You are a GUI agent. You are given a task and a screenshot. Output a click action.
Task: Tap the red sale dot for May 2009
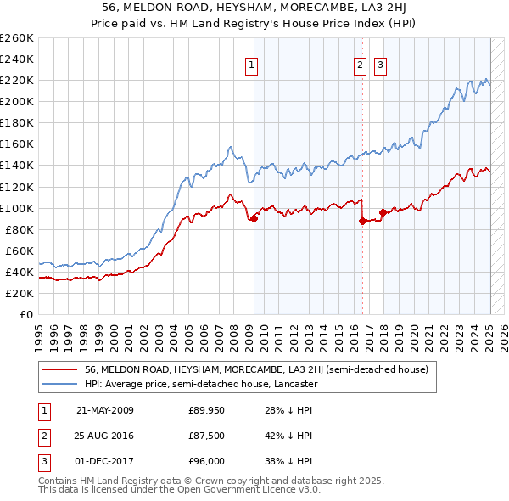click(x=253, y=218)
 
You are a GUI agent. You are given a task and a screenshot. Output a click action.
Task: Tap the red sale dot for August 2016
click(x=362, y=221)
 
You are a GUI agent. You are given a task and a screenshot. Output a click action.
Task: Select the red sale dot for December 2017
click(x=383, y=212)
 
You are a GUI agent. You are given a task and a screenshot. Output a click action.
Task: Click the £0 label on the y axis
click(x=25, y=314)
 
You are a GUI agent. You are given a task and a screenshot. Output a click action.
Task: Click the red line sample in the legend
click(x=60, y=370)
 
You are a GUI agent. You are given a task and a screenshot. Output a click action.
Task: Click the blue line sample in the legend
click(x=60, y=384)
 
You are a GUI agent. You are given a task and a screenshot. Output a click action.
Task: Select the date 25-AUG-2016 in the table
click(x=104, y=436)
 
